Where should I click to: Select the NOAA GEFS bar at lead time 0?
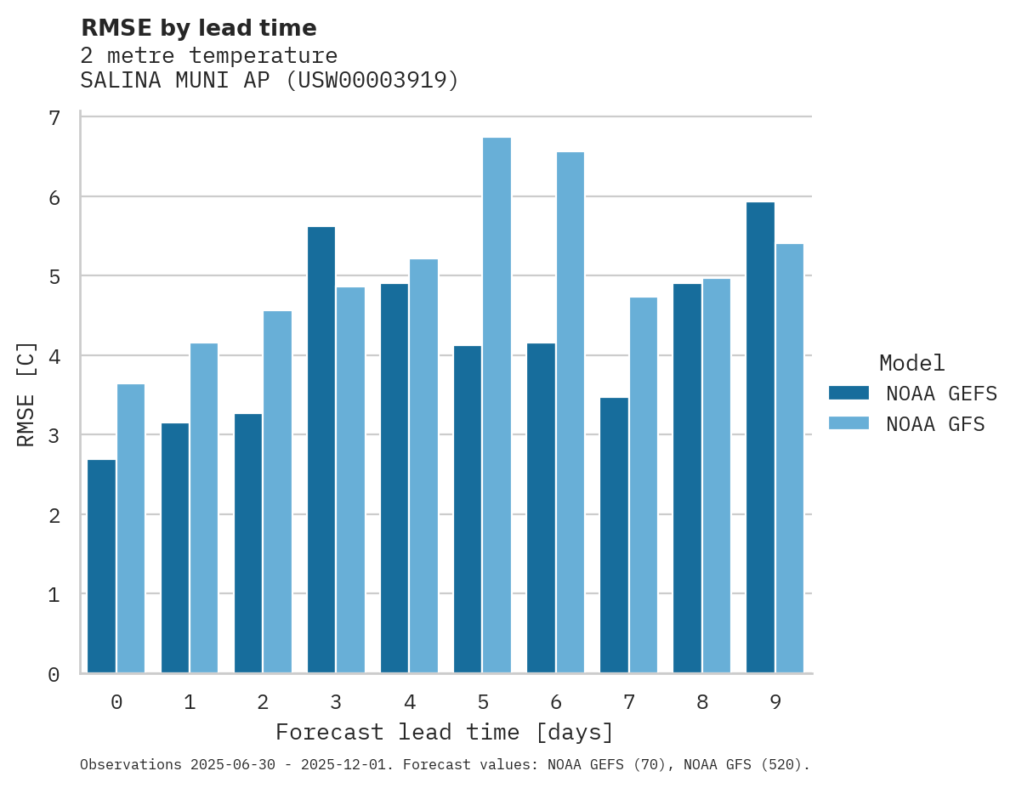(101, 566)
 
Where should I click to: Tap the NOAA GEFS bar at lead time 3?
(321, 450)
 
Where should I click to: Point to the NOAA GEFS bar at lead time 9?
(760, 437)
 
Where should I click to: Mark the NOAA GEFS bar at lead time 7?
(614, 535)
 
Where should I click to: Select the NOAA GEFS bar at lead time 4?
(394, 478)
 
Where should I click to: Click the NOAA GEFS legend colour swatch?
(849, 393)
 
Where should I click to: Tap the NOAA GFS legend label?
(935, 424)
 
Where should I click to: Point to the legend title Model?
(911, 364)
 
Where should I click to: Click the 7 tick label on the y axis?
(54, 118)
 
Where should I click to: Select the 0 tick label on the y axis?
(54, 674)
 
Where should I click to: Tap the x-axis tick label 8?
(701, 702)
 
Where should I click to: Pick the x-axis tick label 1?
(190, 702)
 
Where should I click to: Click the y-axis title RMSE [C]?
(26, 394)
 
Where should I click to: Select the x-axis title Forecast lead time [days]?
(444, 732)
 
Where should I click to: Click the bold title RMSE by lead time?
(198, 28)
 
